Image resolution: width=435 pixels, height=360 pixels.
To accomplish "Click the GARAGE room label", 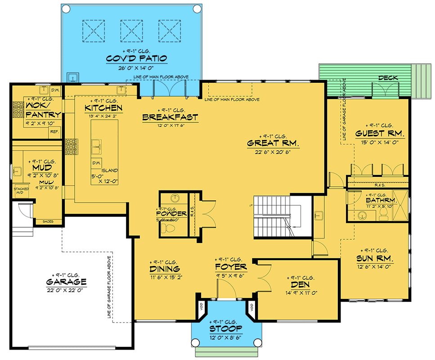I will coord(66,282).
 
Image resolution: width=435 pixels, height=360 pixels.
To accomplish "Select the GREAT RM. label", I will coord(273,144).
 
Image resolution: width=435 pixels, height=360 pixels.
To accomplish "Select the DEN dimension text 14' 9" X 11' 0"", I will coord(301,293).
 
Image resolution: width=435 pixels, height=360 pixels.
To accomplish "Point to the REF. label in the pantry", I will coord(54,132).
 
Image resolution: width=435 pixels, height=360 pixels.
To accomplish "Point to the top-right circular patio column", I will coord(197,9).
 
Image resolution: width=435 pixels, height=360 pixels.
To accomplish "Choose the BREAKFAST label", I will coord(170,117).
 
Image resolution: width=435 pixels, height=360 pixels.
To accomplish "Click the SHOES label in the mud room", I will coord(47,221).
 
